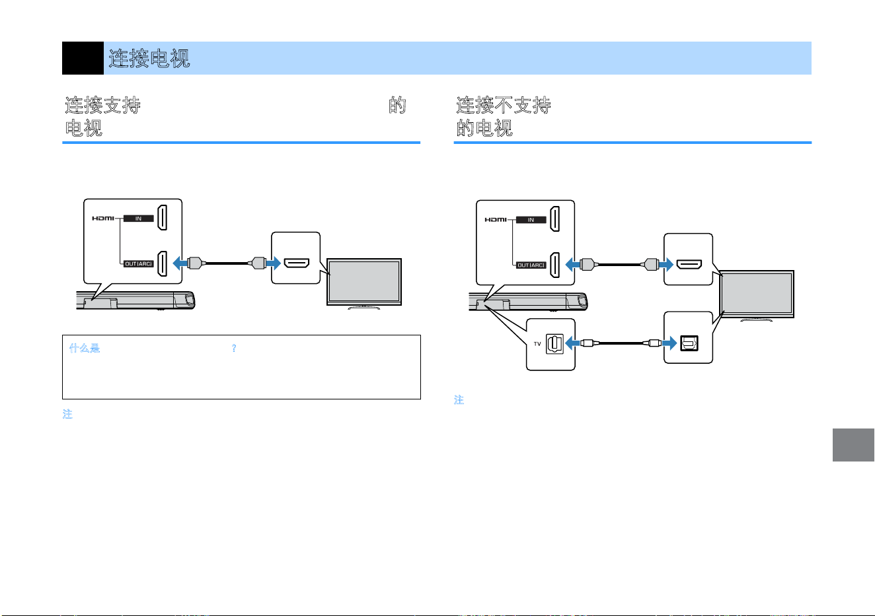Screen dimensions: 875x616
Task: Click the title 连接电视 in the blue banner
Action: click(x=149, y=58)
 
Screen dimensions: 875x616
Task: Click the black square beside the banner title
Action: click(x=83, y=58)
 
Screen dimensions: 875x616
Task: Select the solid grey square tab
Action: click(x=853, y=444)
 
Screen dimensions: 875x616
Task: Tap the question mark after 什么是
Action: click(x=233, y=348)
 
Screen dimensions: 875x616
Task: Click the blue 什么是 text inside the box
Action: click(x=85, y=348)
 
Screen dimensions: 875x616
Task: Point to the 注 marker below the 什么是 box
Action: click(x=67, y=414)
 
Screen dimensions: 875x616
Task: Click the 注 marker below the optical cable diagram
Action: click(x=459, y=399)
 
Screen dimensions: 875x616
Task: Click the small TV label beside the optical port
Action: click(x=537, y=344)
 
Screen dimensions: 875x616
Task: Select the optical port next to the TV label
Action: click(x=554, y=344)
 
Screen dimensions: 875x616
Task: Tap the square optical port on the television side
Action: click(x=689, y=343)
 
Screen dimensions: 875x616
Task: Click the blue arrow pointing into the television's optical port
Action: click(x=669, y=343)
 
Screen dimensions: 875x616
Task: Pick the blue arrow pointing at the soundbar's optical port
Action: click(x=572, y=343)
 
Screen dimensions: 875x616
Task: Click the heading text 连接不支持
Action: click(x=504, y=105)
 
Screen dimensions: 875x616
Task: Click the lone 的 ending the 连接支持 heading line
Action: click(x=397, y=105)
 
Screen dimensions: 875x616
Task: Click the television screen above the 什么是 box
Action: click(x=364, y=282)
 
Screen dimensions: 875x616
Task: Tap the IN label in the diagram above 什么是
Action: click(x=139, y=219)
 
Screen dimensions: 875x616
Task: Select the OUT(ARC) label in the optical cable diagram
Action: click(x=531, y=265)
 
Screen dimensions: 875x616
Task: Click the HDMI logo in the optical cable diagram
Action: click(x=496, y=220)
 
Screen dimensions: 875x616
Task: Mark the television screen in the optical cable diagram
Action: click(x=757, y=294)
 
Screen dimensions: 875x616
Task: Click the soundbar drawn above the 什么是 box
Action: click(x=135, y=300)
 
